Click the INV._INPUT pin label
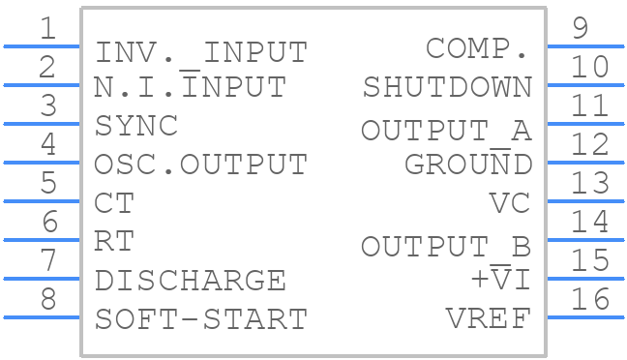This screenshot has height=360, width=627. click(200, 50)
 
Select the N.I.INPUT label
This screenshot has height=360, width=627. click(190, 87)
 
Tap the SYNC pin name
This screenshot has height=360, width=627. click(136, 126)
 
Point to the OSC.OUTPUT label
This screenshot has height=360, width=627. click(200, 165)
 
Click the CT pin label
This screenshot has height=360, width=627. click(114, 203)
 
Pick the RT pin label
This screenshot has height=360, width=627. click(114, 241)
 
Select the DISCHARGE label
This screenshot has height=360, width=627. click(190, 281)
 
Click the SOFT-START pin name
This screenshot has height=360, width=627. click(200, 318)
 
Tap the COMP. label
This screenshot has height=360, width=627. click(479, 48)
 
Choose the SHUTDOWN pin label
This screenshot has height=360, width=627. click(447, 87)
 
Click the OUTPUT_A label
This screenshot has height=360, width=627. click(447, 130)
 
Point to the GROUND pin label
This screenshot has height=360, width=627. click(468, 165)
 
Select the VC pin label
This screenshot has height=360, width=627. click(511, 203)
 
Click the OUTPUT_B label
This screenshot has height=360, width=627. click(447, 246)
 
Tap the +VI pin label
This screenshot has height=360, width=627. click(500, 280)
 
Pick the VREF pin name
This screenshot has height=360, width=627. click(490, 318)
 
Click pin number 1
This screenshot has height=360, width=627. click(46, 29)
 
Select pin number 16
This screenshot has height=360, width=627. click(589, 300)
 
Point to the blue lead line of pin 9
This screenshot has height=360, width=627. click(585, 45)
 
